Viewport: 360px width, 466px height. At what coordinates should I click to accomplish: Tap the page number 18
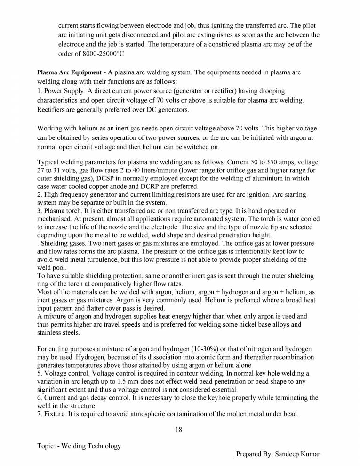click(179, 429)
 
